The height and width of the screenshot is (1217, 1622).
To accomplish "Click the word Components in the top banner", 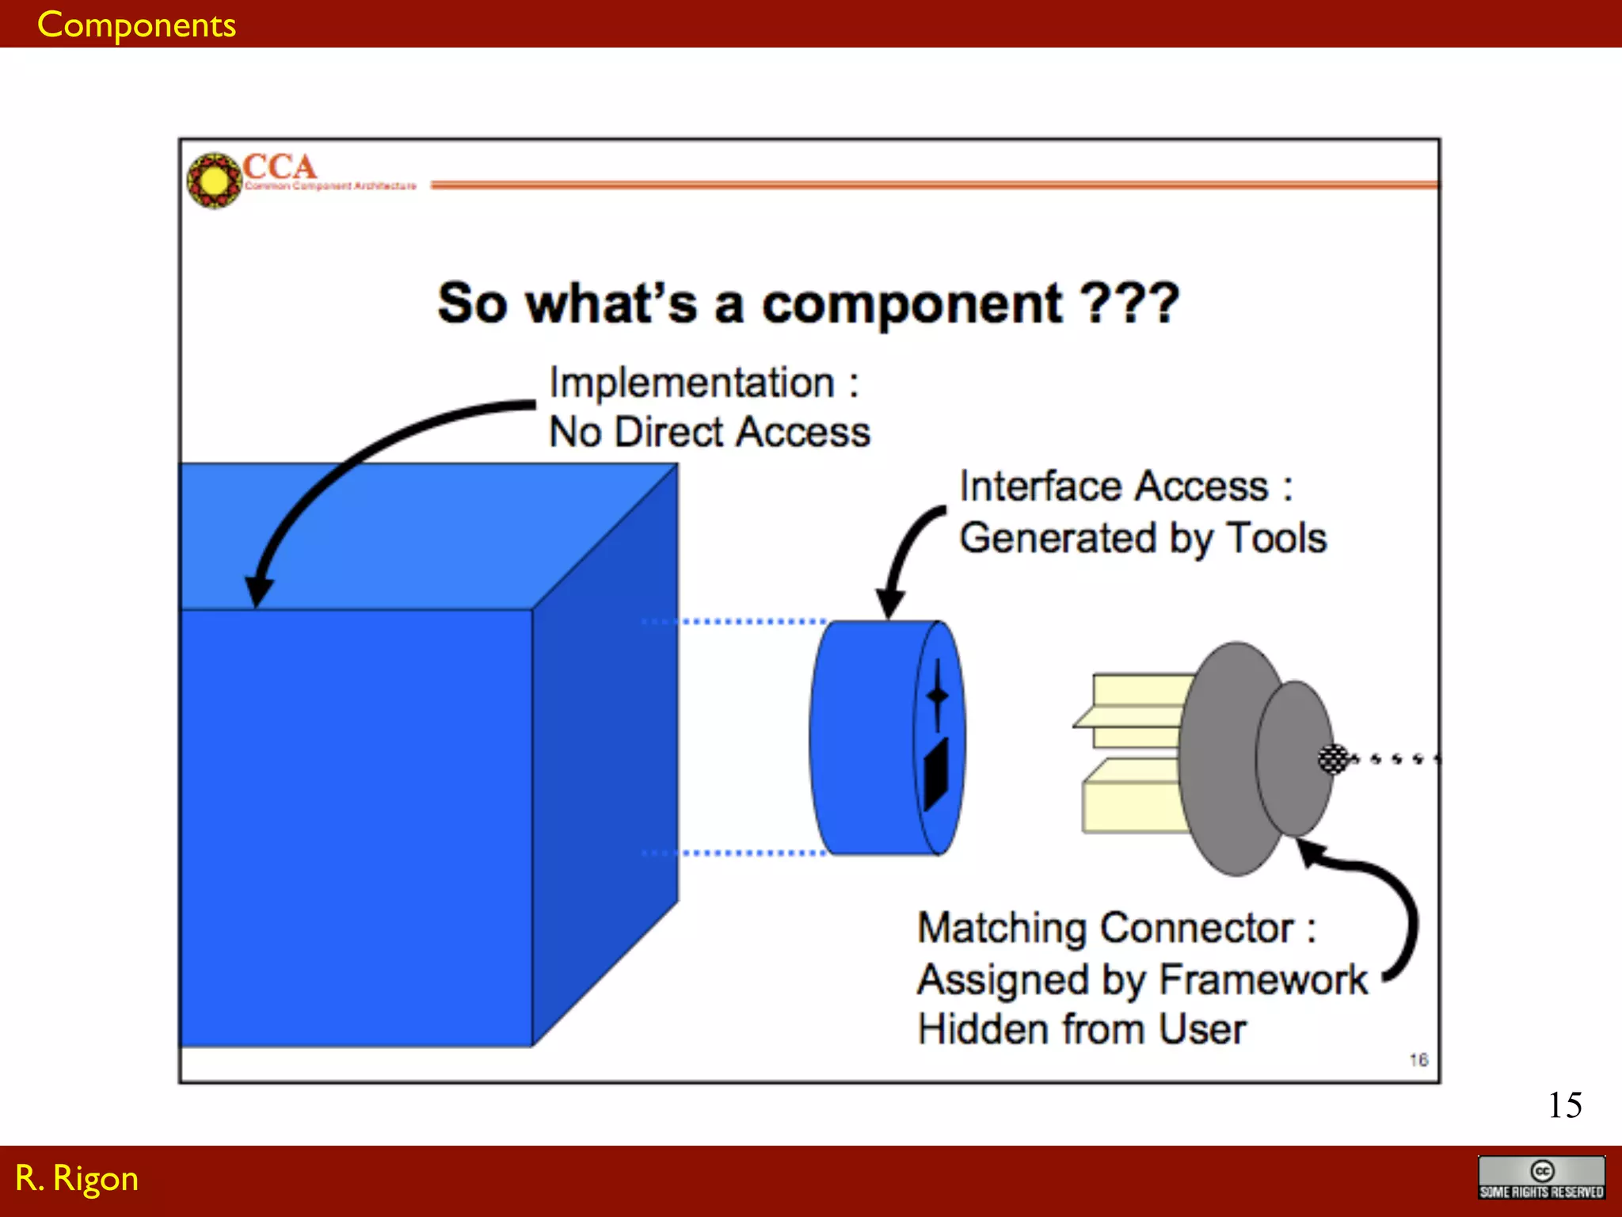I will coord(136,25).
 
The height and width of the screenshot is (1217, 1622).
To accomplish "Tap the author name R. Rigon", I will coord(77,1179).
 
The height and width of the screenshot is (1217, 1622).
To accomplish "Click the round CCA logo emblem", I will coord(214,181).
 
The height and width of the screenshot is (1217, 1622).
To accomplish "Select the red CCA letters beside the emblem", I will coord(279,166).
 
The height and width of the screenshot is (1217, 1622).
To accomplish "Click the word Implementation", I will coord(692,383).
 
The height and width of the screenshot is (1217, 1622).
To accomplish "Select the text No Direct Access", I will coord(710,433).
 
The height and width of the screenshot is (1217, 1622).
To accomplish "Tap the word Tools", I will coord(1277,539).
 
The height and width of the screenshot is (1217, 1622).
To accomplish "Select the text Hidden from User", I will coord(1082,1030).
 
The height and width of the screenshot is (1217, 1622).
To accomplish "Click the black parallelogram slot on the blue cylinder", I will coord(936,773).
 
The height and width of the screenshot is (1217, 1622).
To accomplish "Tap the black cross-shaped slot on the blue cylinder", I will coord(938,696).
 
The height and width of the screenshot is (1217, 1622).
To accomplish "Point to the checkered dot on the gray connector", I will coord(1333,759).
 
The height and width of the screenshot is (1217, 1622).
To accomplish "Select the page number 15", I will coord(1565,1105).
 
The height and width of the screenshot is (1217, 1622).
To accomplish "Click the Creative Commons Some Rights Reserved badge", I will coord(1541,1178).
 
